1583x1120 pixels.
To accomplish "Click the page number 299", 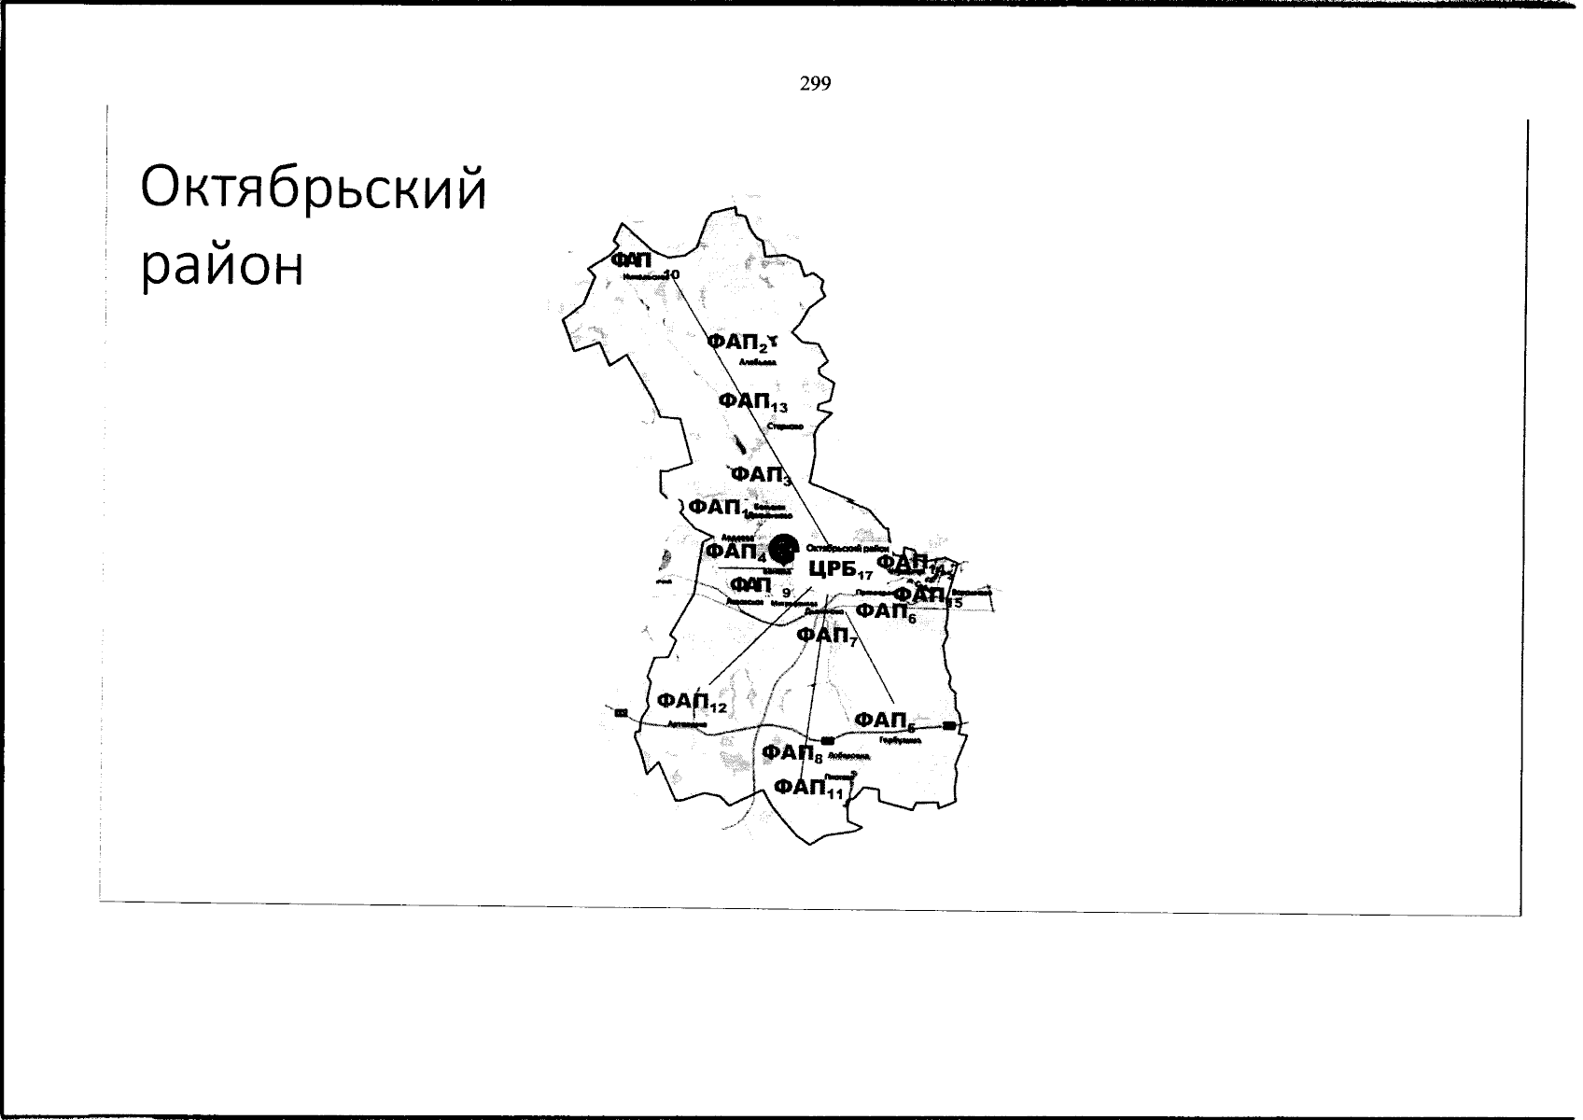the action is coord(815,85).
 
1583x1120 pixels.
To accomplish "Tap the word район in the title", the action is coord(223,267).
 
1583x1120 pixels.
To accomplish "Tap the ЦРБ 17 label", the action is coord(839,571).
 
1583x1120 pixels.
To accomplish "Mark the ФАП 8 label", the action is coord(791,753).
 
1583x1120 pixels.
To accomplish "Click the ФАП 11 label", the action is coord(808,789).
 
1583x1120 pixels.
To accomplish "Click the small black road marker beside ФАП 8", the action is coord(828,740).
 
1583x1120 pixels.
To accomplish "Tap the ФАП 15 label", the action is coord(926,595).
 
